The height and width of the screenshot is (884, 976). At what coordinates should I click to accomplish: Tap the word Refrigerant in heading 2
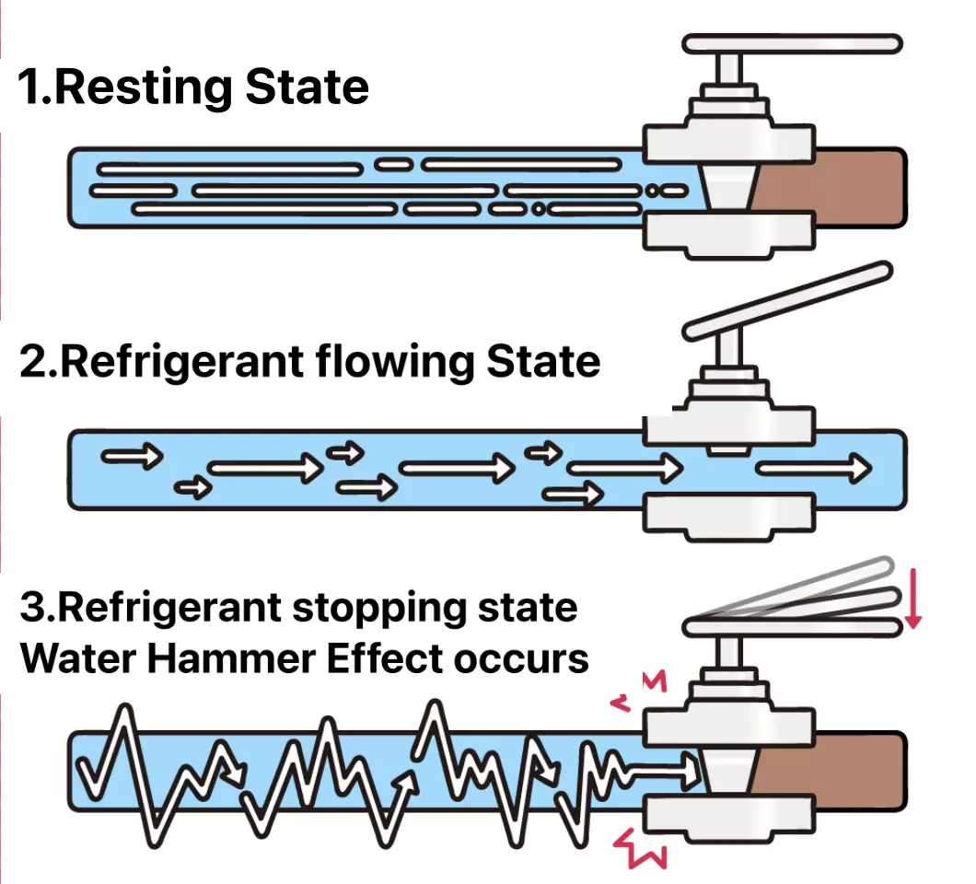175,362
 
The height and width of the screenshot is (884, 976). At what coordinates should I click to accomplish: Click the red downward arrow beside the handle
912,598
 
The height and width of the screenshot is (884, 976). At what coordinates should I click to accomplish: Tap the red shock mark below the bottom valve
641,846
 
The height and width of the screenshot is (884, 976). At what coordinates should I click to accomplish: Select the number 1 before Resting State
32,87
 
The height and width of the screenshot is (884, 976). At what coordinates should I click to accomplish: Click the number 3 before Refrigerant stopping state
33,610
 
